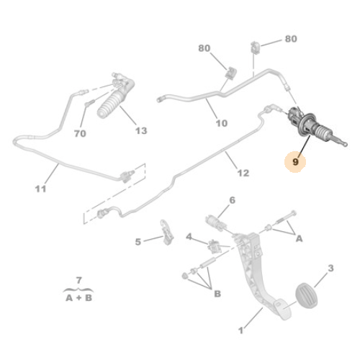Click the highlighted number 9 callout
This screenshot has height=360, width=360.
[x=295, y=162]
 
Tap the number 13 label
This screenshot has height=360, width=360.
[x=141, y=131]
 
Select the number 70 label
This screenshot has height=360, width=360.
[x=80, y=133]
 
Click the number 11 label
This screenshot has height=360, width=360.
[x=40, y=189]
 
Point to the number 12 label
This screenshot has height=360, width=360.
[x=243, y=173]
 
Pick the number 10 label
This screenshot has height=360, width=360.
[x=222, y=123]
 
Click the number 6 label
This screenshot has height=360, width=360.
[x=233, y=200]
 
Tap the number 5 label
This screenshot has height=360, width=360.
[x=138, y=242]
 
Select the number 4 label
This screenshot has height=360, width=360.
[x=189, y=237]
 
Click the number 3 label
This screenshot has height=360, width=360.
[x=330, y=268]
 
